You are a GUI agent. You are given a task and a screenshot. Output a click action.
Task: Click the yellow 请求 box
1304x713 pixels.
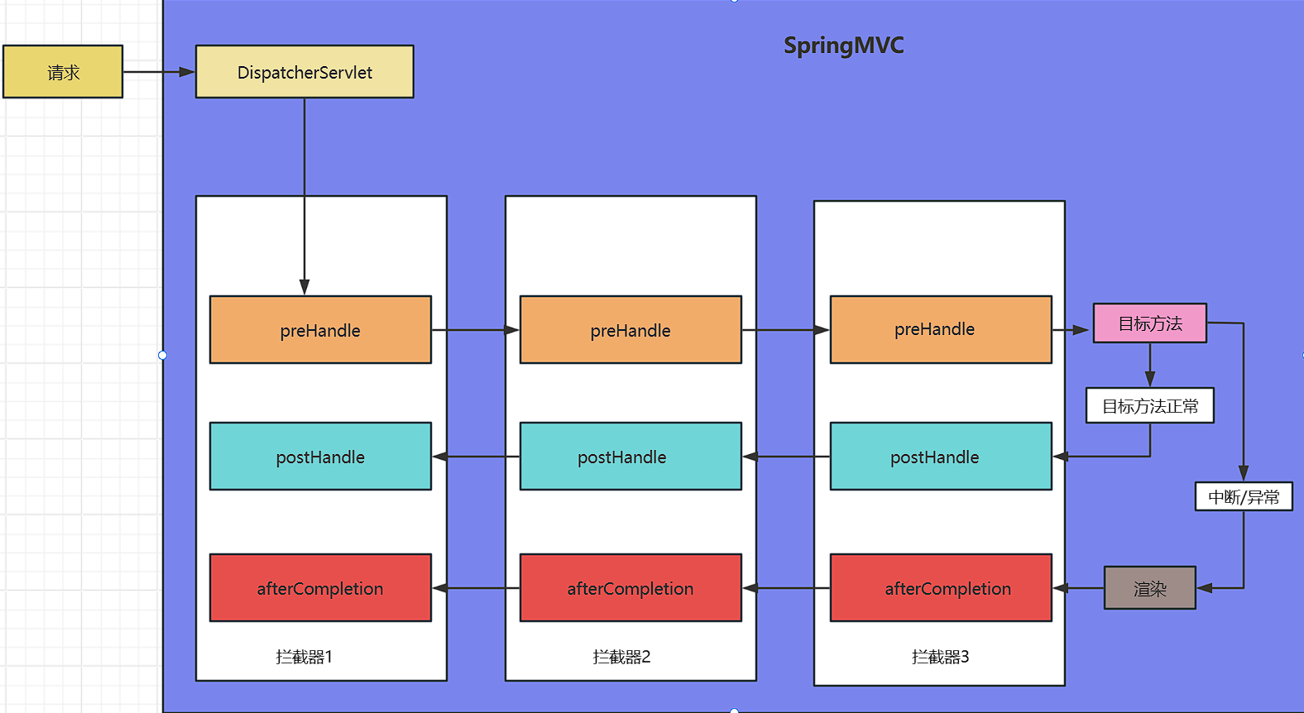[x=63, y=72]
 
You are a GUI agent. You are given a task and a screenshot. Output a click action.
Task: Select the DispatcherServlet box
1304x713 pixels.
[x=304, y=72]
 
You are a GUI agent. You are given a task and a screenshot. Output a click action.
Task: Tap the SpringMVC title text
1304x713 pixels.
[x=843, y=45]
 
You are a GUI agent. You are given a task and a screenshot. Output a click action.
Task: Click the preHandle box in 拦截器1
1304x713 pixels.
[x=320, y=330]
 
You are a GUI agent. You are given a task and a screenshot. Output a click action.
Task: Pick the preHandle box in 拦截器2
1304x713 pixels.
[x=630, y=330]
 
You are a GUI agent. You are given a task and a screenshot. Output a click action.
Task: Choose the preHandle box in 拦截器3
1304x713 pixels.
[x=941, y=329]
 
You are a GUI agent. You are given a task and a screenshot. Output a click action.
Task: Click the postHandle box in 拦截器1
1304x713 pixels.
[x=320, y=457]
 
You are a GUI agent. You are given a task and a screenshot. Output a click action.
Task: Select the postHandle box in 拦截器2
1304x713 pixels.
[x=630, y=457]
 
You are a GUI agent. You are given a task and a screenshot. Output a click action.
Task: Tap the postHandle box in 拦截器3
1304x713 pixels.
[x=941, y=457]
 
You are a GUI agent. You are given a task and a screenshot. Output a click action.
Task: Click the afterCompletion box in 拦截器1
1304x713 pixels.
[x=320, y=588]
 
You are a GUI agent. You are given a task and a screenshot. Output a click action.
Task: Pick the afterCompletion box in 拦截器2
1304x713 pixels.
[x=630, y=588]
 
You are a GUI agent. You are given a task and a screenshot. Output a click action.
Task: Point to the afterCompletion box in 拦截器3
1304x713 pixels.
[x=941, y=588]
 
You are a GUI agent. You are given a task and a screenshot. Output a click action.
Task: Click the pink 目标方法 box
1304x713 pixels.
[x=1150, y=323]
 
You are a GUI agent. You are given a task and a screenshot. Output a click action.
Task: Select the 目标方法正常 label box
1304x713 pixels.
[x=1150, y=406]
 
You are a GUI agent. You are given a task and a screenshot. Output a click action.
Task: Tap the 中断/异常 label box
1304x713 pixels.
[x=1244, y=497]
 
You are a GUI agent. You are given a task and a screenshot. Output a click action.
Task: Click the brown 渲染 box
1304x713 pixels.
[x=1150, y=588]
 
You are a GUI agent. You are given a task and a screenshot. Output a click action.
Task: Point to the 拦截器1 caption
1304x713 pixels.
[x=304, y=657]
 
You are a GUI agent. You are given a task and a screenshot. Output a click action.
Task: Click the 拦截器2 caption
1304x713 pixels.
[x=621, y=657]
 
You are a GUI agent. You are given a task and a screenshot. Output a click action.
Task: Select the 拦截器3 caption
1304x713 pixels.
[x=940, y=657]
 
